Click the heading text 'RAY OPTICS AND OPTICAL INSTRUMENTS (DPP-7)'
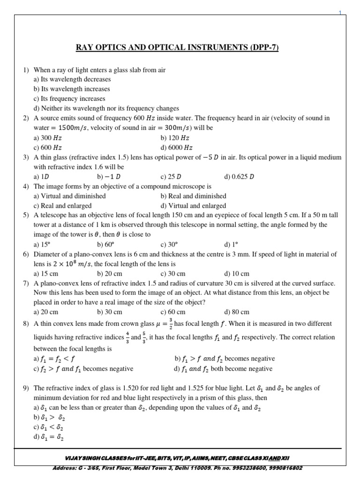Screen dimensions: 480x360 [x=180, y=47]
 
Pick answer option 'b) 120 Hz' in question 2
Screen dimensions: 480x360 [x=175, y=138]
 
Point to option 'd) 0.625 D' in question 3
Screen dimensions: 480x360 [x=240, y=177]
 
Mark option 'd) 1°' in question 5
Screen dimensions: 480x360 [x=231, y=244]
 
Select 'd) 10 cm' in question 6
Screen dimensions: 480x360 [x=237, y=273]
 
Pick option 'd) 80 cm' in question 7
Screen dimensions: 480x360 [x=237, y=312]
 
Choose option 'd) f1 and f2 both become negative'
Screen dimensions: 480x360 [x=223, y=368]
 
